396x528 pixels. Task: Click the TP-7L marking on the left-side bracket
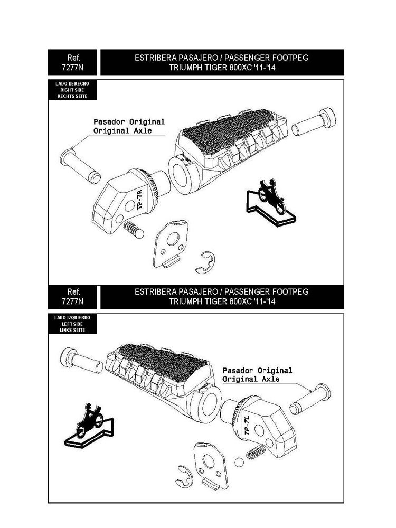pyautogui.click(x=247, y=425)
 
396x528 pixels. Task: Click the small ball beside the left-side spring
pyautogui.click(x=239, y=463)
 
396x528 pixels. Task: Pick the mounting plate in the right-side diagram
pyautogui.click(x=170, y=244)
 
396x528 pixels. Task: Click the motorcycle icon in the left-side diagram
pyautogui.click(x=90, y=421)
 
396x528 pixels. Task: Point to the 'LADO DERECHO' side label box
pyautogui.click(x=72, y=90)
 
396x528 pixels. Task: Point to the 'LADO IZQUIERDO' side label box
pyautogui.click(x=72, y=324)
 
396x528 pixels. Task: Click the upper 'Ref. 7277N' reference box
pyautogui.click(x=72, y=62)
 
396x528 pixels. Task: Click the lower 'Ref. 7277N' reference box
pyautogui.click(x=72, y=297)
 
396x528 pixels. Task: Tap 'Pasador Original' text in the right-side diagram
pyautogui.click(x=129, y=121)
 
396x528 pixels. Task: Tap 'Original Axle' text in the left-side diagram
pyautogui.click(x=251, y=379)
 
